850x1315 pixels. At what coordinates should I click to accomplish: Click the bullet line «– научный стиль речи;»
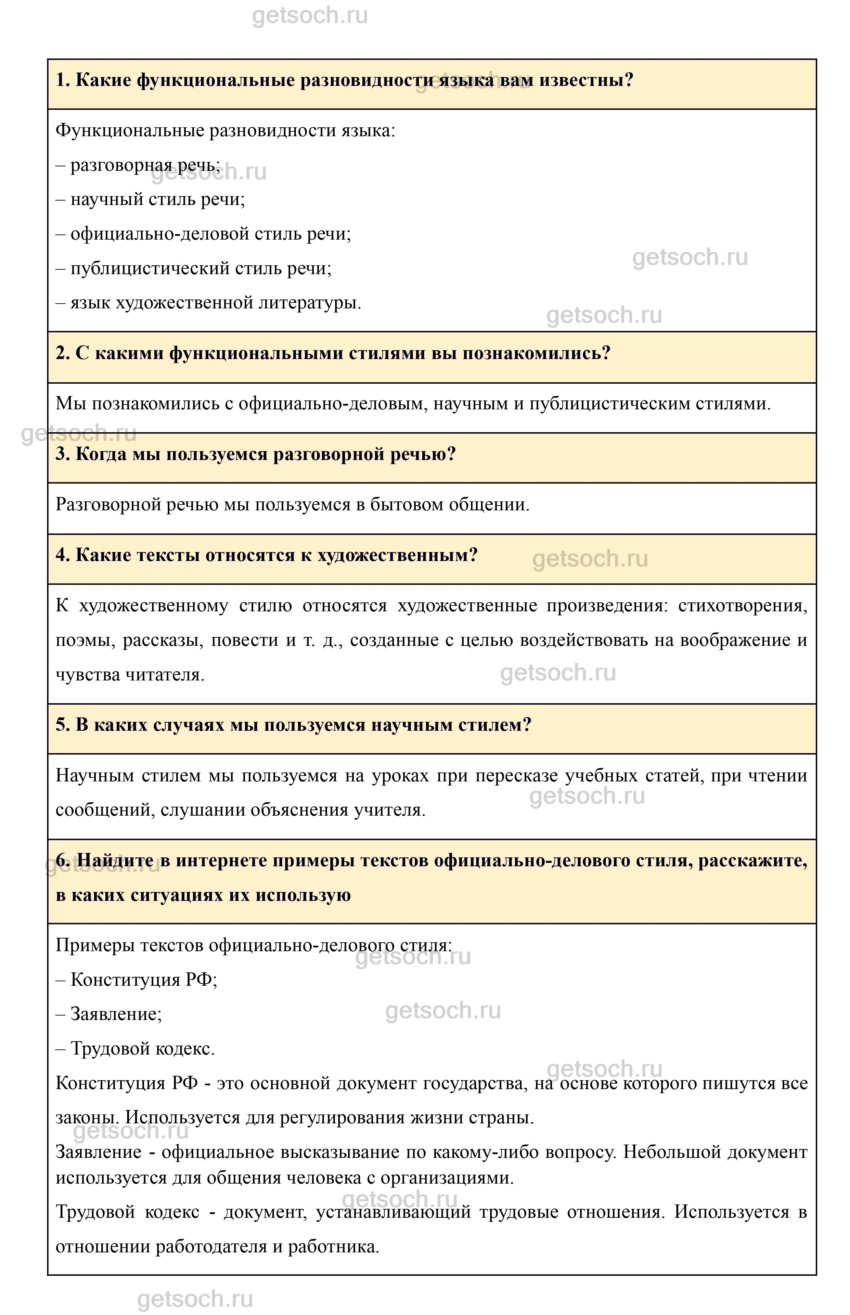point(151,199)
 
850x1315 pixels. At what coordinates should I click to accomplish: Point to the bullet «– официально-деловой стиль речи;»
point(204,234)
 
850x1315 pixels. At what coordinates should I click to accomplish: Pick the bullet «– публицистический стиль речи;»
point(194,269)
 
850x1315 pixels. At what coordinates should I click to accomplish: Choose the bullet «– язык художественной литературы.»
point(209,303)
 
